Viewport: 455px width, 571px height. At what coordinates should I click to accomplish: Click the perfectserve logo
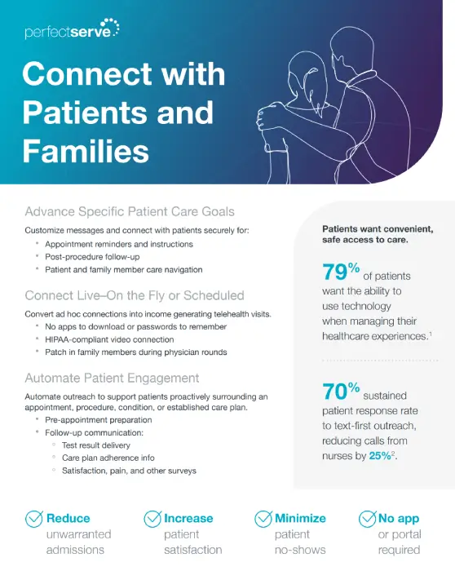72,29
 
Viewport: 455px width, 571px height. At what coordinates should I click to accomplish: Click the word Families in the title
86,151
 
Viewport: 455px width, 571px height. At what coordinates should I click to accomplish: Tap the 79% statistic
341,271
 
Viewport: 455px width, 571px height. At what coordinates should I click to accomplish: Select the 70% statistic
341,391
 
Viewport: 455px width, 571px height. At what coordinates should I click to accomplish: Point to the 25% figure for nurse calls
380,455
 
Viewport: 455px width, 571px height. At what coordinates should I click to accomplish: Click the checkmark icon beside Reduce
34,519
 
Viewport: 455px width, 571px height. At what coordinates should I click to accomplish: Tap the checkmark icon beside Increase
152,519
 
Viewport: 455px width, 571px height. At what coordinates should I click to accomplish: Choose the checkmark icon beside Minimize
263,519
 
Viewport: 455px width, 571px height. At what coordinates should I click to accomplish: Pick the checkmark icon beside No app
367,519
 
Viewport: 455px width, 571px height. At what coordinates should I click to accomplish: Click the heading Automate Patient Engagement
112,378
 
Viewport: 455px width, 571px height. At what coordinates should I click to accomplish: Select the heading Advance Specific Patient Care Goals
130,211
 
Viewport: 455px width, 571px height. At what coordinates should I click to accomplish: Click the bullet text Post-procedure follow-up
92,257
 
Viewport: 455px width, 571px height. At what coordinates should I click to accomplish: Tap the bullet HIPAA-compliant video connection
109,339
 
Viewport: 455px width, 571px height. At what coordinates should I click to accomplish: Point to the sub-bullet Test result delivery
96,445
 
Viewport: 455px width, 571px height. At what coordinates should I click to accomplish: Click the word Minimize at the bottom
300,518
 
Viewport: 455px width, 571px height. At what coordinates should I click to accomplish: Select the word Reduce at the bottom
68,518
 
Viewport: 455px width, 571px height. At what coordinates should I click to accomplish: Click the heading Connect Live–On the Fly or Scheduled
135,295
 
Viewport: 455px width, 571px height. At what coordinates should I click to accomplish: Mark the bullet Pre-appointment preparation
99,420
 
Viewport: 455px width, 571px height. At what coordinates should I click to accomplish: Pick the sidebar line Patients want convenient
378,229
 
